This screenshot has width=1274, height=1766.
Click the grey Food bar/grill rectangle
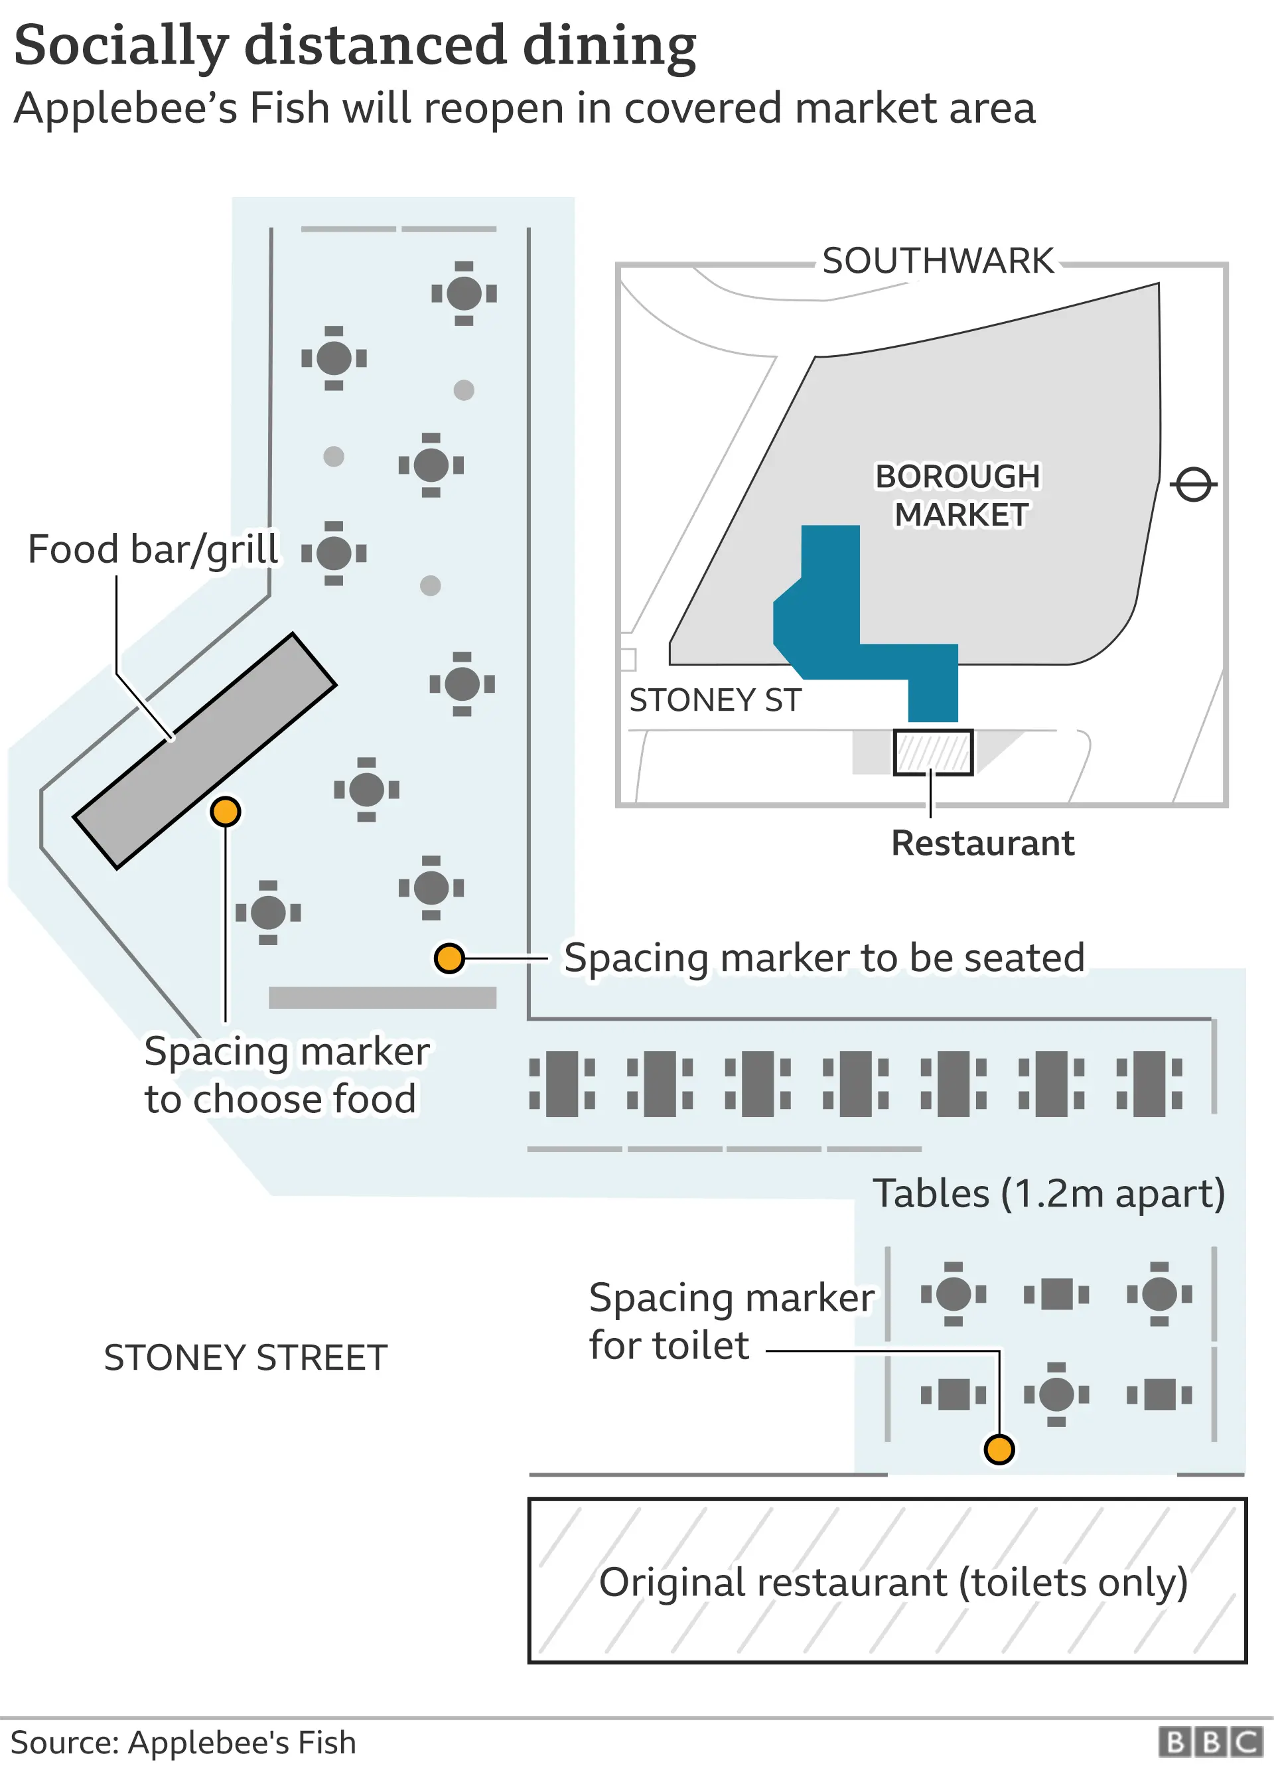(204, 751)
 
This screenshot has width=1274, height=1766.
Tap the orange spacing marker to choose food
(225, 812)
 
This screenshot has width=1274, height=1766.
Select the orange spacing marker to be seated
(449, 958)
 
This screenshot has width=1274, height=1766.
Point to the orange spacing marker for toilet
(999, 1449)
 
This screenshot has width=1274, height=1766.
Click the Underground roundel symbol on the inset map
(1193, 485)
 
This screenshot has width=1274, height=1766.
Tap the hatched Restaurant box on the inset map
(932, 752)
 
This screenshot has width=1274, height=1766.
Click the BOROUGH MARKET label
(959, 495)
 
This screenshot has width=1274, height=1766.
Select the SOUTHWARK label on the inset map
(938, 261)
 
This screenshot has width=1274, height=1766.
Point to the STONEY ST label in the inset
(715, 700)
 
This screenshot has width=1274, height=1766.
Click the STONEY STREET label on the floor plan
(246, 1358)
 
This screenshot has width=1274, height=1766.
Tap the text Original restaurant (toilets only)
(893, 1582)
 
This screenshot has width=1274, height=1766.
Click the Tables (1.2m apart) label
(1048, 1194)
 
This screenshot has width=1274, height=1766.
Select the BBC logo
(1210, 1742)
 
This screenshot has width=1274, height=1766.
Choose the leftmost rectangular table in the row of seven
(562, 1083)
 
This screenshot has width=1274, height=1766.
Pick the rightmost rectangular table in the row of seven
(1149, 1083)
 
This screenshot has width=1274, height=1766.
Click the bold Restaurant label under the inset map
(983, 844)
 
